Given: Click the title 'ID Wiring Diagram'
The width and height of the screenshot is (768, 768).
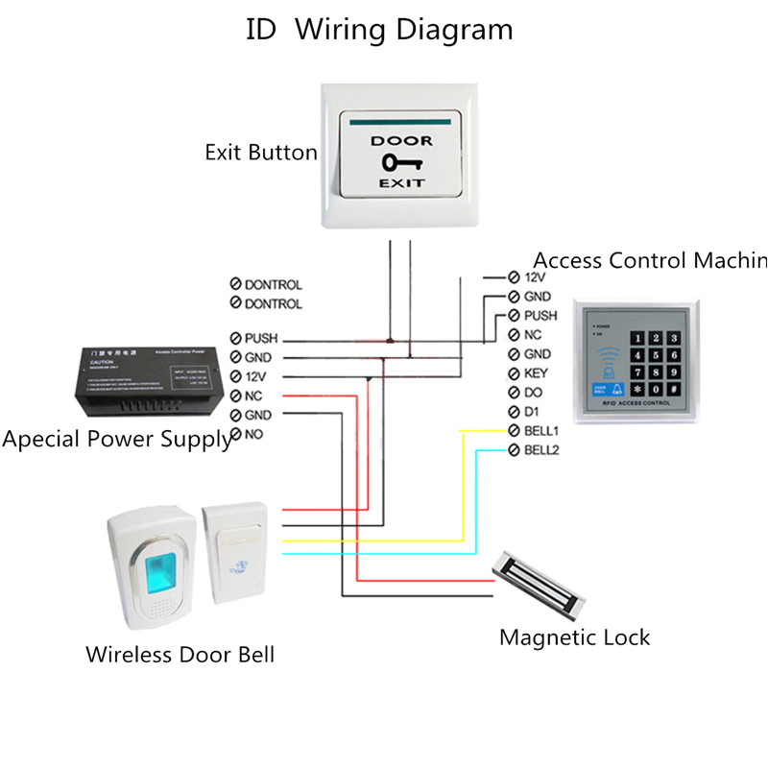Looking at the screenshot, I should [379, 29].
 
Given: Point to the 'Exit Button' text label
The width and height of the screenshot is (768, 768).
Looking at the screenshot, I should [260, 153].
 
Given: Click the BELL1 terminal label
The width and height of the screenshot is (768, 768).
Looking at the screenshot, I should [542, 430].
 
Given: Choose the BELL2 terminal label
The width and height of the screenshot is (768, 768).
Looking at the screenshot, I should [542, 449].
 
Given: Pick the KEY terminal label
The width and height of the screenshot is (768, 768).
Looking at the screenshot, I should [535, 373].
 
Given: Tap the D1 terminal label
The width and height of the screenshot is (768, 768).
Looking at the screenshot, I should [532, 412].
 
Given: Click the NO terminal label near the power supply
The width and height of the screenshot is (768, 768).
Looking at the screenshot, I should [254, 435].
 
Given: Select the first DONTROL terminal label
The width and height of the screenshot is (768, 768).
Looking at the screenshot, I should [273, 285].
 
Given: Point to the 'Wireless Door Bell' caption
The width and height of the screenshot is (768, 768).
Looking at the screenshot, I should [180, 655].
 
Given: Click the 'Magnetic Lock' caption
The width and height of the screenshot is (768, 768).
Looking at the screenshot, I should [574, 637].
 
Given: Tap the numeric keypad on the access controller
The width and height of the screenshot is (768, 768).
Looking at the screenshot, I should [656, 363].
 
